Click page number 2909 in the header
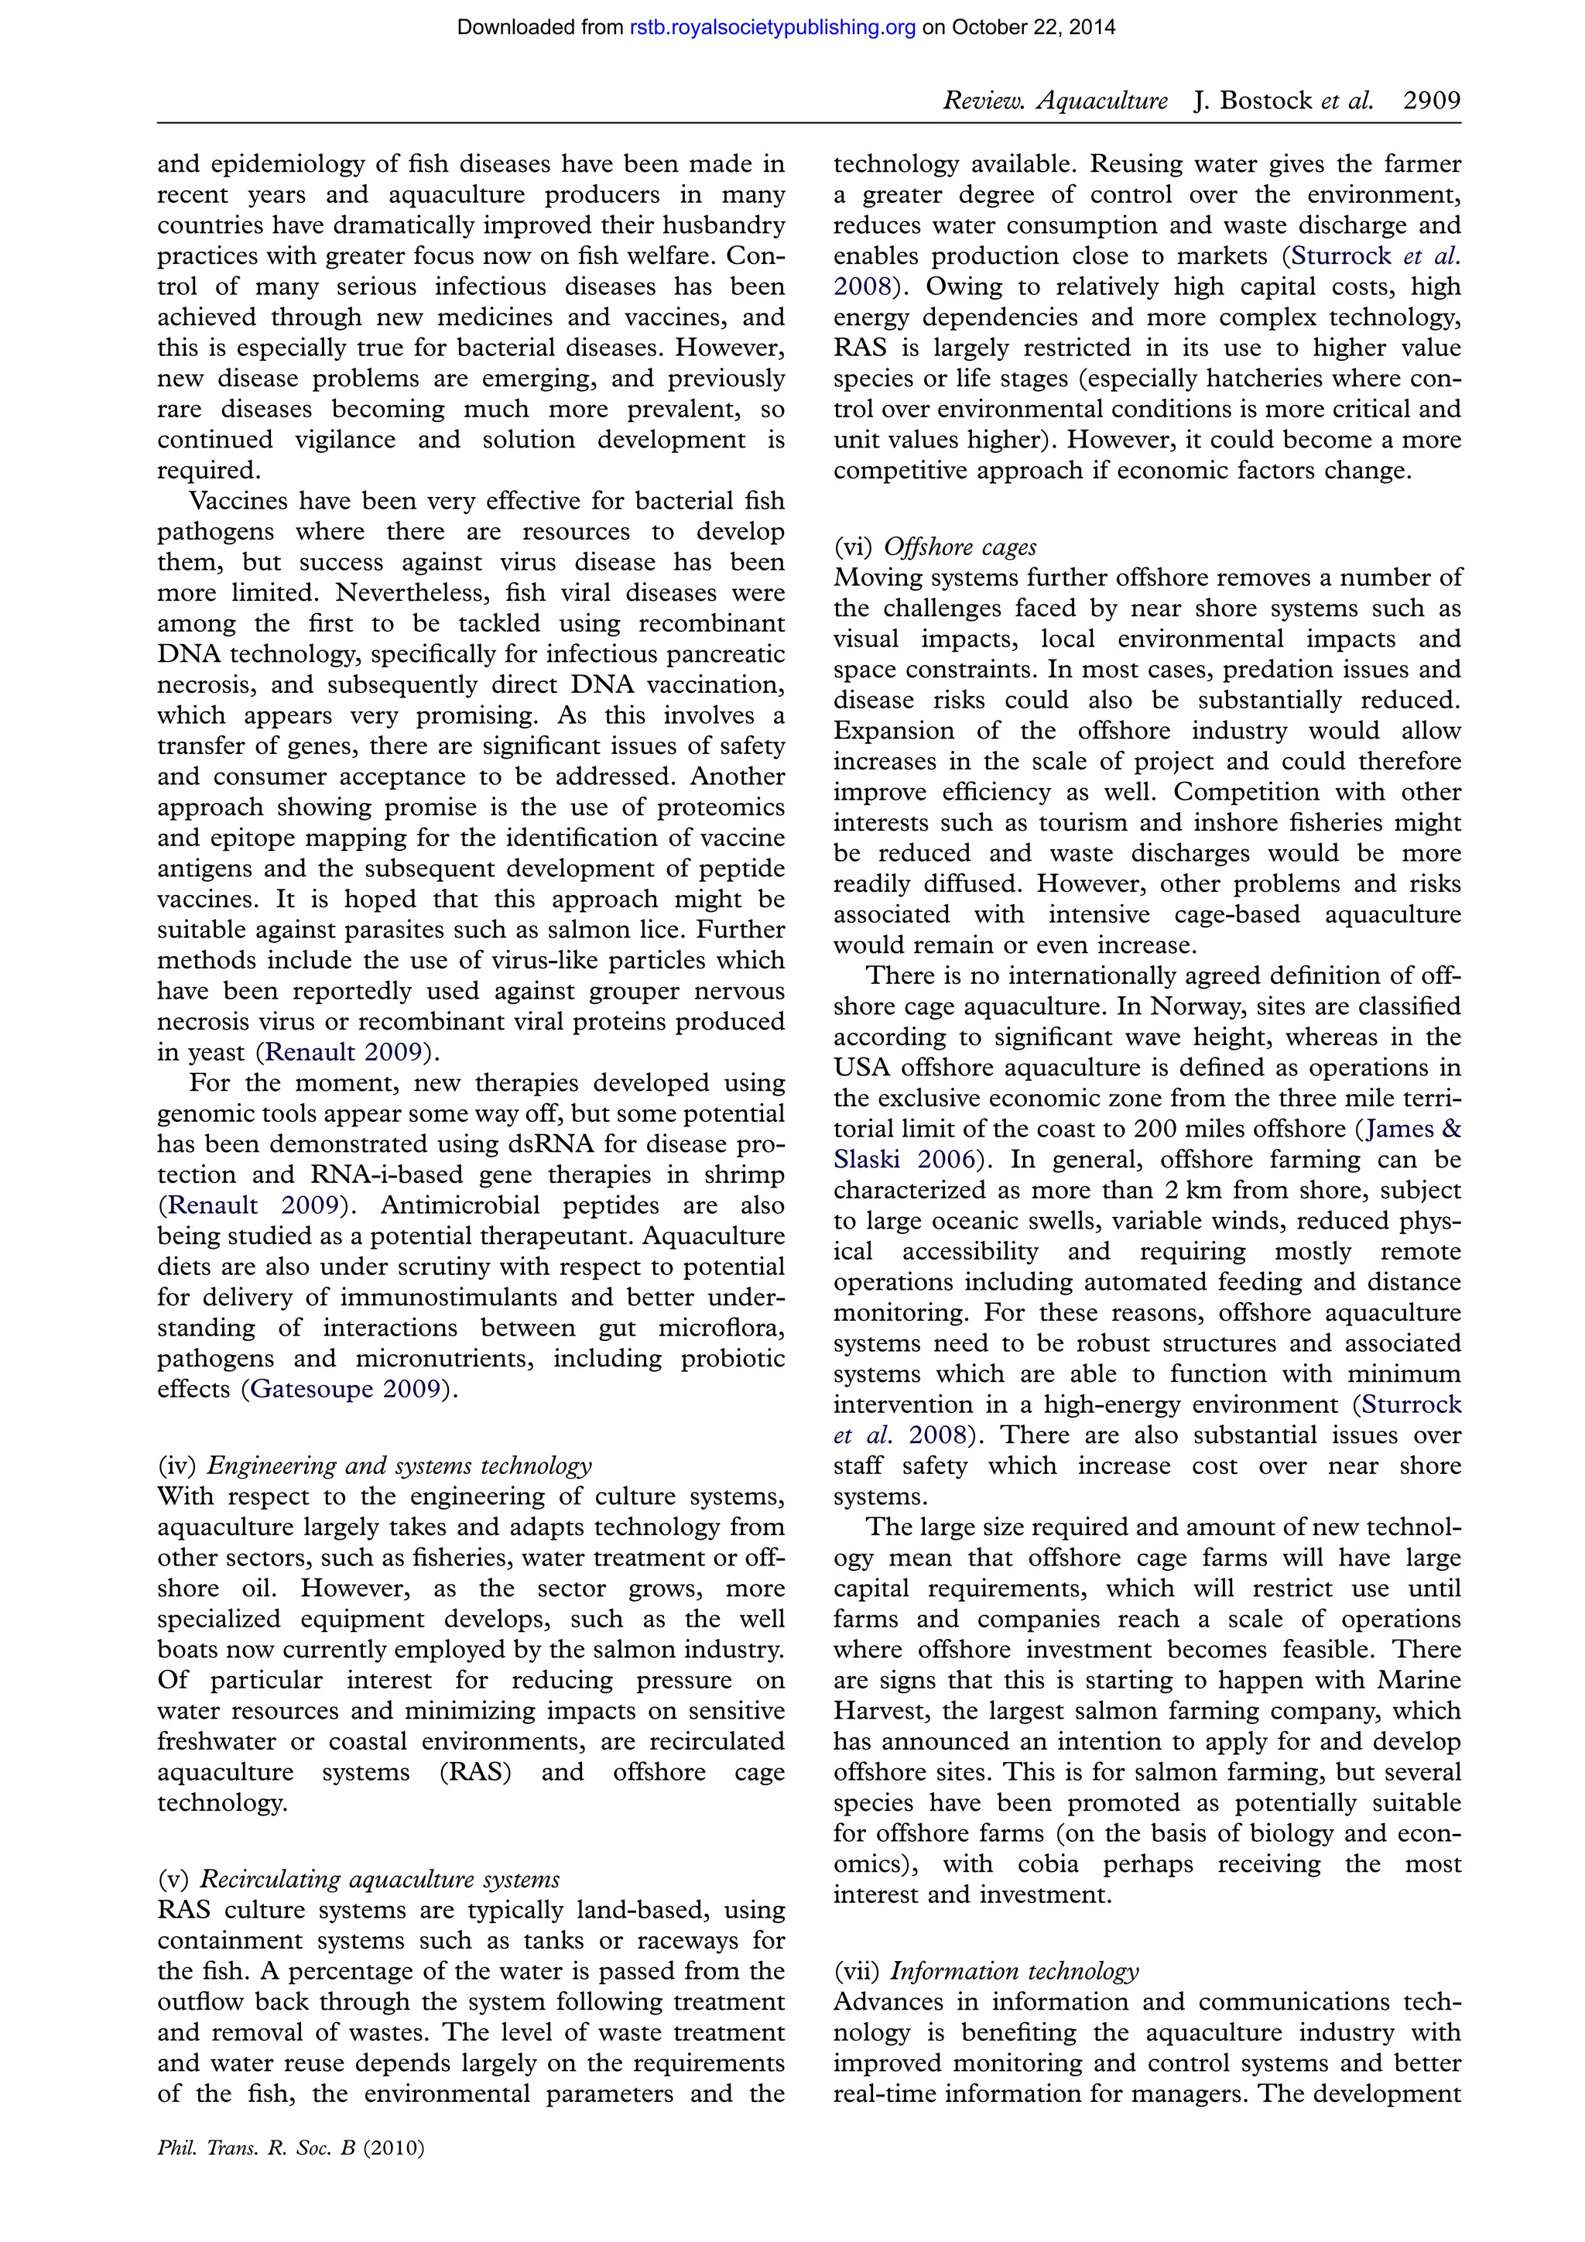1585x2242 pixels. [1431, 101]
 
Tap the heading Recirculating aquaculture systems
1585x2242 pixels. [380, 1880]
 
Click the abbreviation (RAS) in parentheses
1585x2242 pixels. [475, 1772]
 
